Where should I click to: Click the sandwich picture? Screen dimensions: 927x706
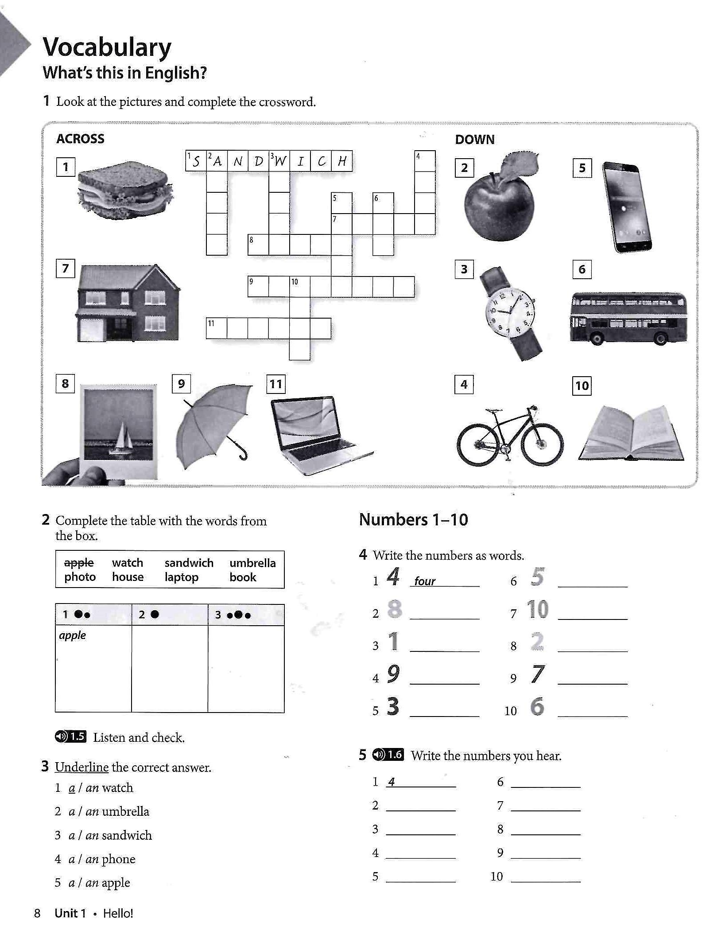pyautogui.click(x=125, y=191)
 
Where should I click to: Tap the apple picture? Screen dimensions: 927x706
pyautogui.click(x=499, y=202)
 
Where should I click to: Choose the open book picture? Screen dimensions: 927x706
pyautogui.click(x=631, y=435)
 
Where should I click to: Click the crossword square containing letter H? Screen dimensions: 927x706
pyautogui.click(x=342, y=161)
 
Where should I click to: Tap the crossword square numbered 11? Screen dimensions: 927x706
pyautogui.click(x=216, y=328)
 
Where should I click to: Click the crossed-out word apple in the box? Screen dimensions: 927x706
pyautogui.click(x=79, y=563)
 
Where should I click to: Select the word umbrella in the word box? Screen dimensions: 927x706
pyautogui.click(x=252, y=563)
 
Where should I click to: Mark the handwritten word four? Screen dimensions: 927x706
pyautogui.click(x=424, y=581)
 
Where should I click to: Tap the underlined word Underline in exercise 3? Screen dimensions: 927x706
pyautogui.click(x=81, y=767)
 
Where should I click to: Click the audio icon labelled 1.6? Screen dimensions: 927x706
pyautogui.click(x=388, y=755)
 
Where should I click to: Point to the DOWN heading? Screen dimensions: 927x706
pyautogui.click(x=474, y=140)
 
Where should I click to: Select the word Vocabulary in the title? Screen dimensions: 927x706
pyautogui.click(x=107, y=47)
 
